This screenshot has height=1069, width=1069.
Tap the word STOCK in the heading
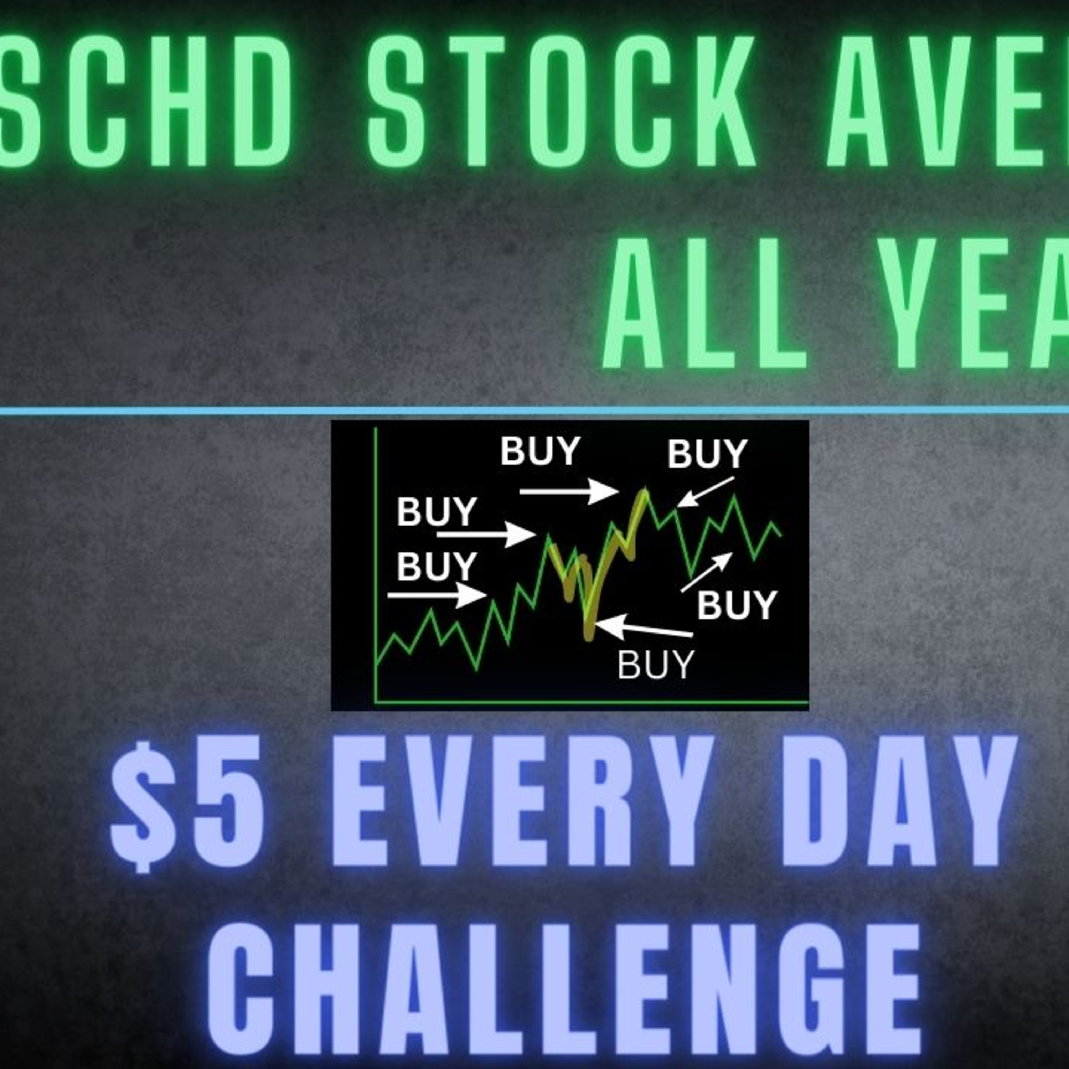point(561,101)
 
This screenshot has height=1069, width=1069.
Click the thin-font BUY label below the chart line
point(655,665)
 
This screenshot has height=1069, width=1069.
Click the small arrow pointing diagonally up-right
point(706,572)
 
